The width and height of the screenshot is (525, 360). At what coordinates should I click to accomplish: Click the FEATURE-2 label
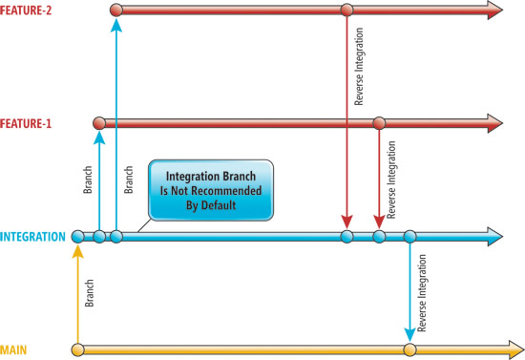(27, 11)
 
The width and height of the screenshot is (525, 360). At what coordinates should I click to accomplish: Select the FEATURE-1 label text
(27, 123)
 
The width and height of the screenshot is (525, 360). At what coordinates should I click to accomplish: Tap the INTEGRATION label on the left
(33, 236)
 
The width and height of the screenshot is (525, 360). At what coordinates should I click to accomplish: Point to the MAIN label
(13, 349)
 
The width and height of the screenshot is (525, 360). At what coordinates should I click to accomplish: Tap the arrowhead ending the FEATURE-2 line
(493, 11)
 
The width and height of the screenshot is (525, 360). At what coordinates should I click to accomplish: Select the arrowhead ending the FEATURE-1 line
(493, 122)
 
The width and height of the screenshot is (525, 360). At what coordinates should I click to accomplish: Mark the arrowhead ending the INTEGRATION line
(493, 236)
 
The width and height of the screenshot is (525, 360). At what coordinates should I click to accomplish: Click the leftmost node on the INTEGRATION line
(78, 236)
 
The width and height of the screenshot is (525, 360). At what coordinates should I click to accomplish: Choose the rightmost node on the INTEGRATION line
(409, 236)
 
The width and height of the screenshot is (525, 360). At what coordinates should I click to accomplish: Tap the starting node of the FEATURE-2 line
(116, 11)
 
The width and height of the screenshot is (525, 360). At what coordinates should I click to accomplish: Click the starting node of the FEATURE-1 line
(98, 122)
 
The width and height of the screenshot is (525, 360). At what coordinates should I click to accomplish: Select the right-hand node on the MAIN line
(409, 350)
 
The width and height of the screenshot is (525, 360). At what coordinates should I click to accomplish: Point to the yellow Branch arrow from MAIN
(78, 296)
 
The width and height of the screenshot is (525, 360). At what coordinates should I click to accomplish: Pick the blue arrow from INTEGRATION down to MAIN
(409, 291)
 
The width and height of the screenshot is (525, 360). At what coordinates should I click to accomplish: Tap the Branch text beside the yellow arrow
(88, 291)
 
